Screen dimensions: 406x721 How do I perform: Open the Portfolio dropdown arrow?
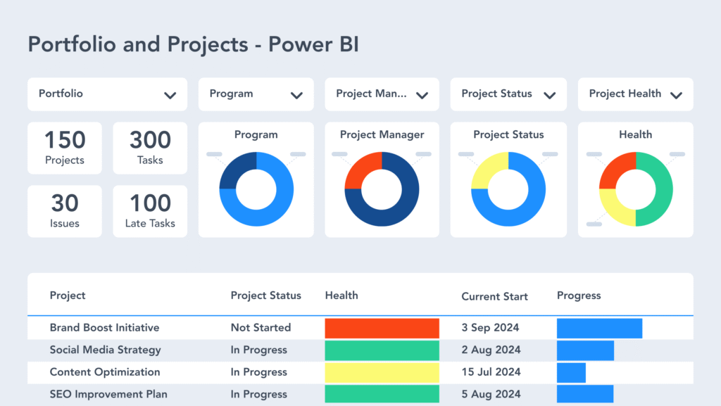170,95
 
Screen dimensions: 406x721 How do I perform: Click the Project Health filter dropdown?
635,94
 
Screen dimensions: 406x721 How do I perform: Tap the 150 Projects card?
65,148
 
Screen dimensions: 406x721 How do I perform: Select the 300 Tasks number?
150,140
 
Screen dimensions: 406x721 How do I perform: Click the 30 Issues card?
65,211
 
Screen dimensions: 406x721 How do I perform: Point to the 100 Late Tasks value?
150,203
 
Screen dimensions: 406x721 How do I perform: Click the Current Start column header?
494,296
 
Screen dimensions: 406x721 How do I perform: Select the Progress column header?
579,296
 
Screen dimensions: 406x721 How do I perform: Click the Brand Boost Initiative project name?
104,328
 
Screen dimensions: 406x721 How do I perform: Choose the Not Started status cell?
261,328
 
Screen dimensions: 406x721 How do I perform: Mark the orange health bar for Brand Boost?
382,329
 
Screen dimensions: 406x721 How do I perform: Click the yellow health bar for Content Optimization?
382,373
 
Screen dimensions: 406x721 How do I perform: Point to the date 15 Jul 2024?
491,372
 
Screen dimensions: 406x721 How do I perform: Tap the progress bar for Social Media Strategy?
585,350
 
